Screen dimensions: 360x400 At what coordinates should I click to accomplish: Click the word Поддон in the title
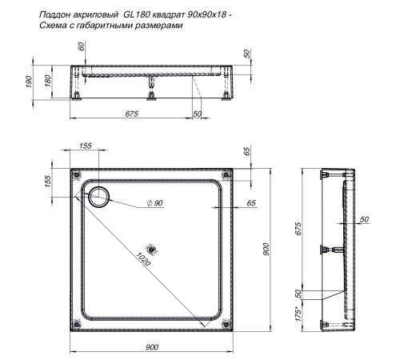click(55, 14)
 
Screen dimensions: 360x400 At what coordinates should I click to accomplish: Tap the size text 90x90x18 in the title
click(198, 14)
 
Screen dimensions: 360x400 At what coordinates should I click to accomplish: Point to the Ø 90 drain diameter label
click(154, 204)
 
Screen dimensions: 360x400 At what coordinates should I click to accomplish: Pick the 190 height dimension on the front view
click(30, 82)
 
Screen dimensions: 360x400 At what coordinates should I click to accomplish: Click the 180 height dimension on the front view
click(47, 82)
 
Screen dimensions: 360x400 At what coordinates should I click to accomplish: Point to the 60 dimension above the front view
click(81, 46)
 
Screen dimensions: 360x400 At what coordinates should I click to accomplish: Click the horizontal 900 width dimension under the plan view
click(152, 346)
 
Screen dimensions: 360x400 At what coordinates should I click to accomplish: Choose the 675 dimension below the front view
click(132, 114)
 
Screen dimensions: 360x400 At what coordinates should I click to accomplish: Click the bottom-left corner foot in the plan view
click(76, 323)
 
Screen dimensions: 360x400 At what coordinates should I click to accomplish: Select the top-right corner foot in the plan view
click(227, 174)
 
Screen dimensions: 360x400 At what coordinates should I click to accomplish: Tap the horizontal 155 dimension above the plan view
click(86, 146)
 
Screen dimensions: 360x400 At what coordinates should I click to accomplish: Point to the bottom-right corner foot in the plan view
click(227, 323)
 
